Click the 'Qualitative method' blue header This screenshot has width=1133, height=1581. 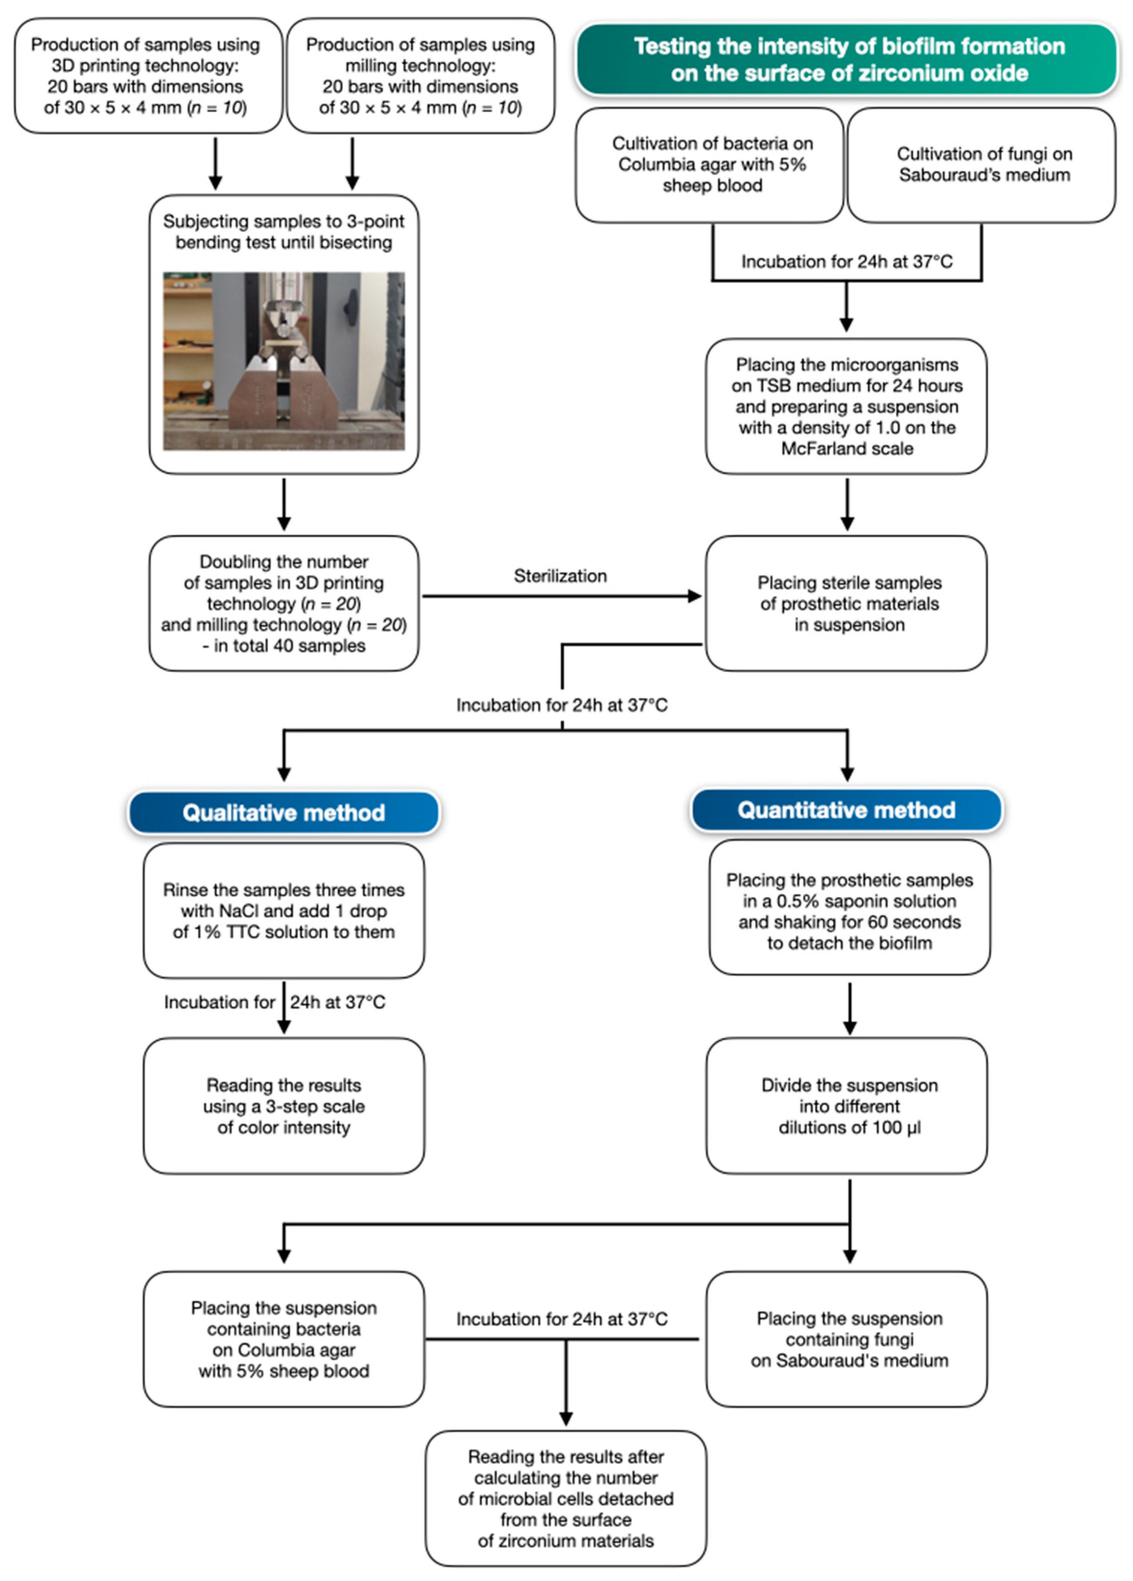283,812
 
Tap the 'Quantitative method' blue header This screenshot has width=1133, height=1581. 846,810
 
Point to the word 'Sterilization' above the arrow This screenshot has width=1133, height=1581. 560,576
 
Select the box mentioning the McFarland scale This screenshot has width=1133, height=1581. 846,407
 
